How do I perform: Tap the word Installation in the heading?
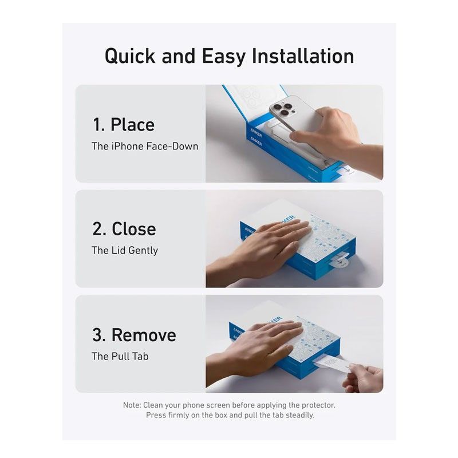tap(303, 56)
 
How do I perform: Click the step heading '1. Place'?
tap(124, 125)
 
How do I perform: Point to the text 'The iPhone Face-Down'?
tap(145, 146)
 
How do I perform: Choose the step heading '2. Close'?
tap(124, 229)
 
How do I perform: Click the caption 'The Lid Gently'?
tap(125, 250)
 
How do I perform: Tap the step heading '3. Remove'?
tap(135, 335)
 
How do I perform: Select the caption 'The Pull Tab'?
tap(120, 356)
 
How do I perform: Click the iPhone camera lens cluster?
tap(283, 109)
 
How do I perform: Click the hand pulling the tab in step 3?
tap(363, 378)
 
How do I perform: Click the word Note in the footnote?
tap(132, 405)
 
